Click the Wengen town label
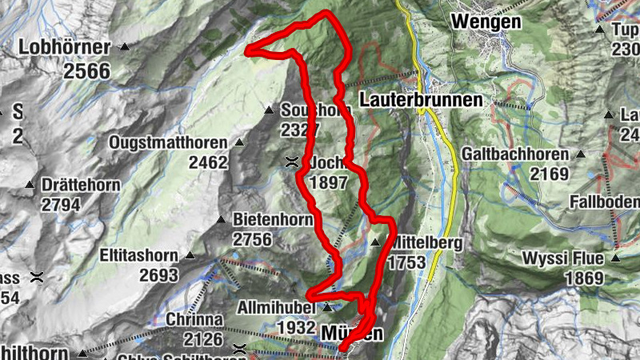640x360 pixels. point(486,22)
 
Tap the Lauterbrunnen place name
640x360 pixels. point(422,100)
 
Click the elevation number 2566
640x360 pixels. point(86,70)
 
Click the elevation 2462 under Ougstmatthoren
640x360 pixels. point(208,163)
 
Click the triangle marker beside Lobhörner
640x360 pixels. point(124,47)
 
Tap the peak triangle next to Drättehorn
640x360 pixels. point(30,185)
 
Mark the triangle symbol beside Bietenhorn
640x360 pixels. point(220,218)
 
